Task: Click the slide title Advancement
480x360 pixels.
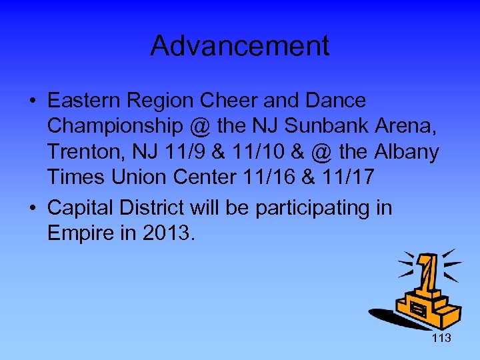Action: (239, 46)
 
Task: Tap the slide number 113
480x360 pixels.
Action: (441, 338)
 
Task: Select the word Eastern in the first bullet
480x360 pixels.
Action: (81, 101)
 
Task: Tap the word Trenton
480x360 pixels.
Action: (77, 152)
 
